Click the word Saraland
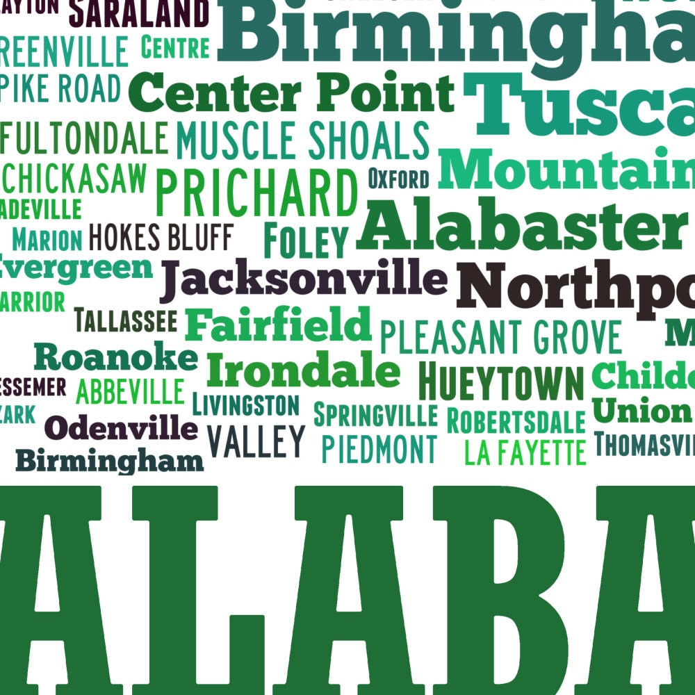coord(139,13)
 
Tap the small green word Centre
coord(175,47)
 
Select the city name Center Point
coord(291,93)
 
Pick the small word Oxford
coord(398,179)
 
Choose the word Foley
coord(305,241)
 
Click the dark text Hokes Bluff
coord(161,238)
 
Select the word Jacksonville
coord(303,279)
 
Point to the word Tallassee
coord(125,320)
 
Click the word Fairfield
coord(278,324)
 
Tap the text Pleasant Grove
coord(500,337)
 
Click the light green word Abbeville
coord(130,391)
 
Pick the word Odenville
coord(121,427)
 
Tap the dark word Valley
coord(256,440)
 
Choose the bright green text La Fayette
coord(525,452)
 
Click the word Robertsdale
coord(516,420)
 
